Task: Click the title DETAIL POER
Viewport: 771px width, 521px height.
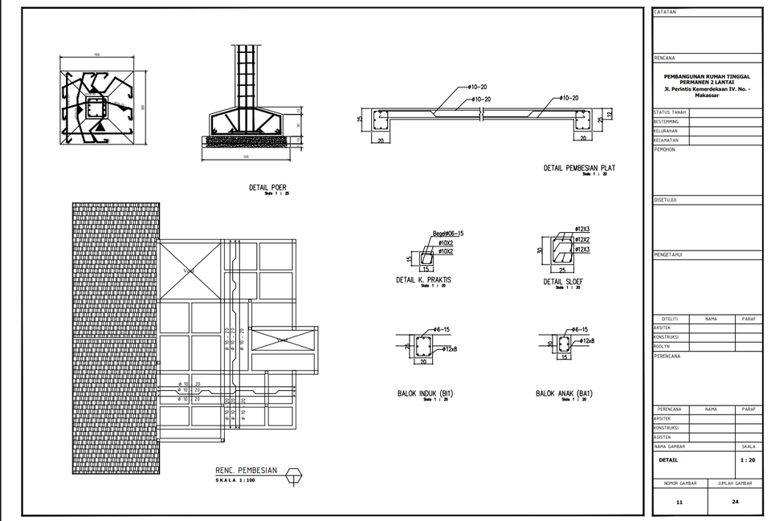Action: (267, 187)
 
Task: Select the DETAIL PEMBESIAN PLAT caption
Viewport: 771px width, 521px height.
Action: (579, 168)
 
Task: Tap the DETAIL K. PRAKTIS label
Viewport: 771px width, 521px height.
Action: (423, 280)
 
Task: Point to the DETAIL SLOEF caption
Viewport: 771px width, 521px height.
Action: (563, 282)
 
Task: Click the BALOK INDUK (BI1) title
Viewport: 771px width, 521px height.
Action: (425, 393)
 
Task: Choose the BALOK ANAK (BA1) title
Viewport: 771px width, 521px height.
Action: (564, 393)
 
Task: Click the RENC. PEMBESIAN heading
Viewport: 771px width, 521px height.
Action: (246, 470)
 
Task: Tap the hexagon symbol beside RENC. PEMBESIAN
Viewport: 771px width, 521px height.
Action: (294, 475)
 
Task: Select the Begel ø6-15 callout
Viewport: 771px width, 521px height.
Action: (449, 234)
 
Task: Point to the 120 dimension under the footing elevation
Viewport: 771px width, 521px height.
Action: (245, 157)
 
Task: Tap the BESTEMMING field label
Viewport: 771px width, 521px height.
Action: (666, 121)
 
